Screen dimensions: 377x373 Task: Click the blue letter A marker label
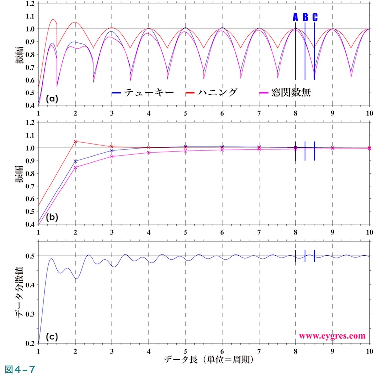(295, 17)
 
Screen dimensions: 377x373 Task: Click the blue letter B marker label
(305, 17)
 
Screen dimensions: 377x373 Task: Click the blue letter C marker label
(315, 17)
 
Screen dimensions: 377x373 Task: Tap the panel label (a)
(52, 99)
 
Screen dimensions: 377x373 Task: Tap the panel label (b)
(52, 217)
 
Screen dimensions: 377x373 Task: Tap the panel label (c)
(52, 336)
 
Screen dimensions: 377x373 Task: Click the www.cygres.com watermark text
(332, 336)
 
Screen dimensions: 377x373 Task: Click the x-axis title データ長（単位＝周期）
(205, 359)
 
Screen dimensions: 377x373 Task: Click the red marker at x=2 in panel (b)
(75, 141)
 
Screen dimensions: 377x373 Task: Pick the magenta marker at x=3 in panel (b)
(112, 156)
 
